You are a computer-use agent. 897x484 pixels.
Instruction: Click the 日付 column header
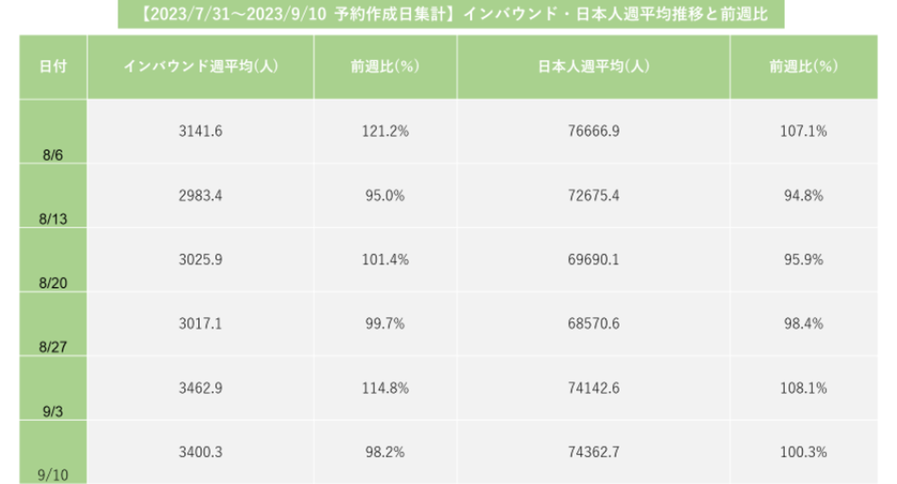point(53,67)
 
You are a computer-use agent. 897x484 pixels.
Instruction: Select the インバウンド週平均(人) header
point(201,67)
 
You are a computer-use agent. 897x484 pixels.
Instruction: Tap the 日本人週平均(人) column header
point(593,67)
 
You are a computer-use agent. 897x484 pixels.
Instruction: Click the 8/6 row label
point(53,155)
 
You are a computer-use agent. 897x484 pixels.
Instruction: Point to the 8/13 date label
point(53,220)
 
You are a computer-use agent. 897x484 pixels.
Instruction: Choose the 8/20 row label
point(53,284)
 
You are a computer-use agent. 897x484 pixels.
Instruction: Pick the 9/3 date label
point(53,412)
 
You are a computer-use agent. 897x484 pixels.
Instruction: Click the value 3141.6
point(201,132)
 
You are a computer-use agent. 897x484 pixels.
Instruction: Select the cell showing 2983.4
point(201,196)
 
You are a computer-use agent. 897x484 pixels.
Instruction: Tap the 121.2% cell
point(385,132)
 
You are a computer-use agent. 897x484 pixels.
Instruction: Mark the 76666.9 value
point(593,132)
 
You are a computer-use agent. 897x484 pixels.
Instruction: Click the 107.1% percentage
point(804,132)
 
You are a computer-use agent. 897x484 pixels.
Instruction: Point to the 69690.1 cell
point(593,260)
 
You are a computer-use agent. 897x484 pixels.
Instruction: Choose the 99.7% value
point(385,324)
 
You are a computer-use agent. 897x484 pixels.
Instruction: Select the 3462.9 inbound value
point(201,389)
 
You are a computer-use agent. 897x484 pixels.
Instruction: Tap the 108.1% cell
point(804,389)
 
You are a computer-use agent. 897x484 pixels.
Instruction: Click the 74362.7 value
point(593,453)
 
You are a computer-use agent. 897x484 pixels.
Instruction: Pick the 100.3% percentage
point(804,453)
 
